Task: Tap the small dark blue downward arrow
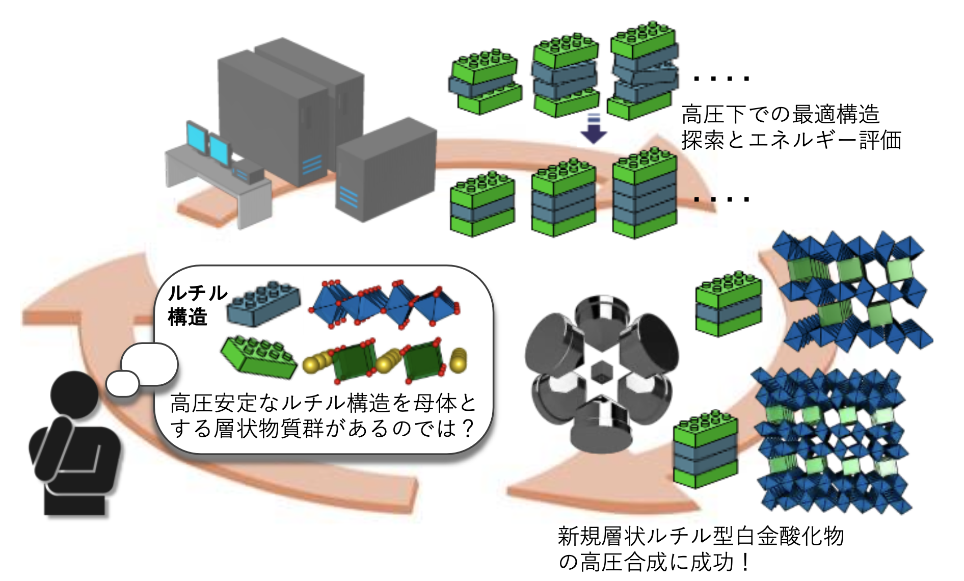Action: pos(594,129)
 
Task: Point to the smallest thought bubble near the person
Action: pos(122,383)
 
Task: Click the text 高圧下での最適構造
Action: pos(780,114)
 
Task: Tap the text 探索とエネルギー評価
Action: pos(791,140)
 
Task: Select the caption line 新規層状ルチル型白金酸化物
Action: pos(701,536)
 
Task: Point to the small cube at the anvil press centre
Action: pos(602,372)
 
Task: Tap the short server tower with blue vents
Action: pos(385,171)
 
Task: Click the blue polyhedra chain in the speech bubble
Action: pos(385,303)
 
